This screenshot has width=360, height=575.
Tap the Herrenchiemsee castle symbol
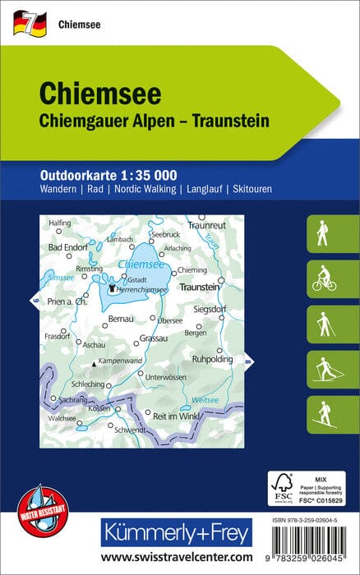tap(113, 287)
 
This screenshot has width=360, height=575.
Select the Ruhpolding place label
tap(213, 359)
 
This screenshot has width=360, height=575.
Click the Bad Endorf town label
tap(67, 247)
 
